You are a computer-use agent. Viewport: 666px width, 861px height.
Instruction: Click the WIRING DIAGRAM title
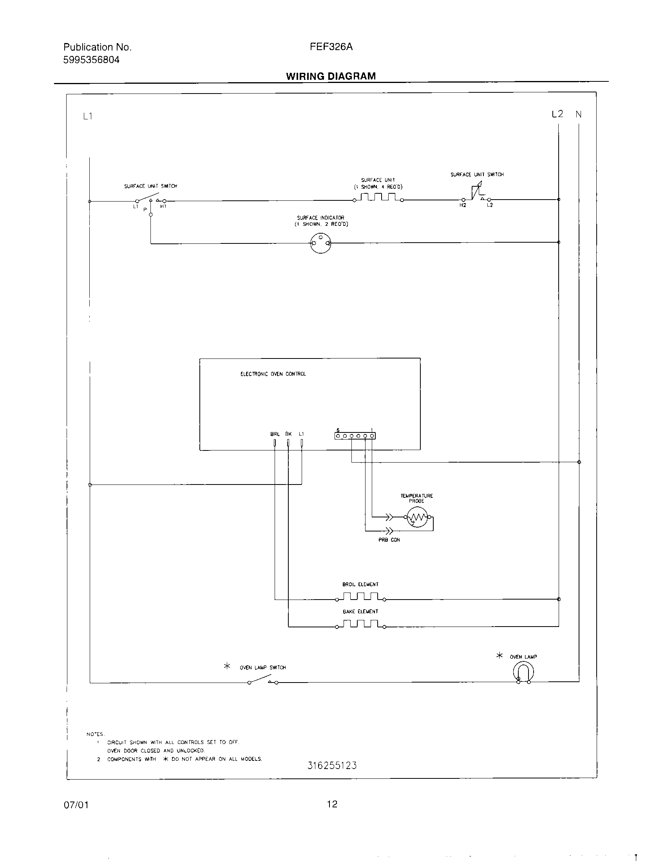pos(331,76)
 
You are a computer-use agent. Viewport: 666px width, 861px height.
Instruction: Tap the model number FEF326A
pos(331,47)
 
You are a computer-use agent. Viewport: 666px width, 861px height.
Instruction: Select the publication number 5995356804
pos(92,60)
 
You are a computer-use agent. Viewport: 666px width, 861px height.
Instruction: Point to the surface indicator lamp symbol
pos(320,243)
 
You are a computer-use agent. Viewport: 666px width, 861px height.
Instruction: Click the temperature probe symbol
pos(417,517)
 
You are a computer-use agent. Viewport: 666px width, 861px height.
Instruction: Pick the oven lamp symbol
pos(523,671)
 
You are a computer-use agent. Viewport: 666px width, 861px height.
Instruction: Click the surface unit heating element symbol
pos(378,197)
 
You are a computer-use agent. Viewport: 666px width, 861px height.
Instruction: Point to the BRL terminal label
pos(275,434)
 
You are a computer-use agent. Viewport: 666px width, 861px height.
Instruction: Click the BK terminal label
pos(288,434)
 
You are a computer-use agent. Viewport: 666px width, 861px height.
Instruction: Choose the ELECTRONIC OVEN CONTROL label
pos(273,374)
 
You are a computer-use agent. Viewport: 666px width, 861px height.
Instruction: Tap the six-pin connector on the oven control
pos(355,436)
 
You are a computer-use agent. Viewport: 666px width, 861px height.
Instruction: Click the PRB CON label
pos(389,540)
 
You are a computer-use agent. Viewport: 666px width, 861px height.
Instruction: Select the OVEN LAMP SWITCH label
pos(262,667)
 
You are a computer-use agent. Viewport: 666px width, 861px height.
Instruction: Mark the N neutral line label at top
pos(578,114)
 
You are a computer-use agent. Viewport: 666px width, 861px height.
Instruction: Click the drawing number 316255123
pos(332,766)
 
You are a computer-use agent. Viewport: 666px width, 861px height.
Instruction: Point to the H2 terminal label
pos(463,205)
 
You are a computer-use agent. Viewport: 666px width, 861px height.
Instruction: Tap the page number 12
pos(332,804)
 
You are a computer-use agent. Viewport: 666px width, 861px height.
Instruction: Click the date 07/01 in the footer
pos(76,805)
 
